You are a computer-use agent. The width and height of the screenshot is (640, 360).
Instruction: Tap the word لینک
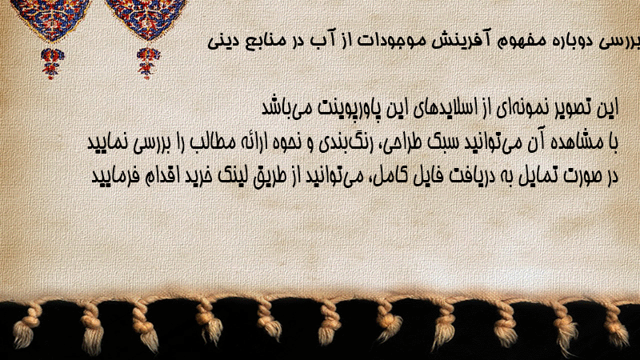[233, 176]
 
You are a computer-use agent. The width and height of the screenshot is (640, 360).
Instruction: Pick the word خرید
[198, 176]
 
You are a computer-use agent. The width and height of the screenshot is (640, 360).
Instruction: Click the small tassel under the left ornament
[51, 63]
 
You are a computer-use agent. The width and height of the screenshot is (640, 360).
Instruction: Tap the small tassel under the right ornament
[148, 63]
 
